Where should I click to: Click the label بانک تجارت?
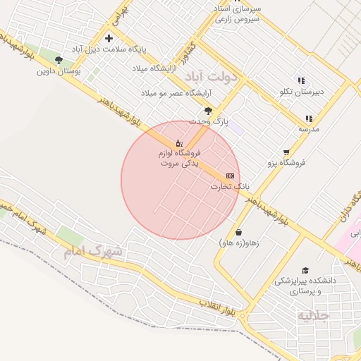point(226,187)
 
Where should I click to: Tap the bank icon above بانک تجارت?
point(230,175)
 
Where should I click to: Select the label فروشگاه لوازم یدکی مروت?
point(179,157)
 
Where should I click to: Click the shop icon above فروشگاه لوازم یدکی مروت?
point(178,143)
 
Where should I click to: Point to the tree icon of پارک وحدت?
point(208,111)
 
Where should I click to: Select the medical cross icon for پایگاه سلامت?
point(109,38)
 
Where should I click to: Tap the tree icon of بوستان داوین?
point(59,60)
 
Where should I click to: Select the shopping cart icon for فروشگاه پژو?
point(286,152)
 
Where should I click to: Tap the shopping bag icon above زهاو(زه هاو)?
point(238,232)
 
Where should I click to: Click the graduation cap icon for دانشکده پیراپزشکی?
point(305,270)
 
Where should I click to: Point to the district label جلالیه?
point(312,315)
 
